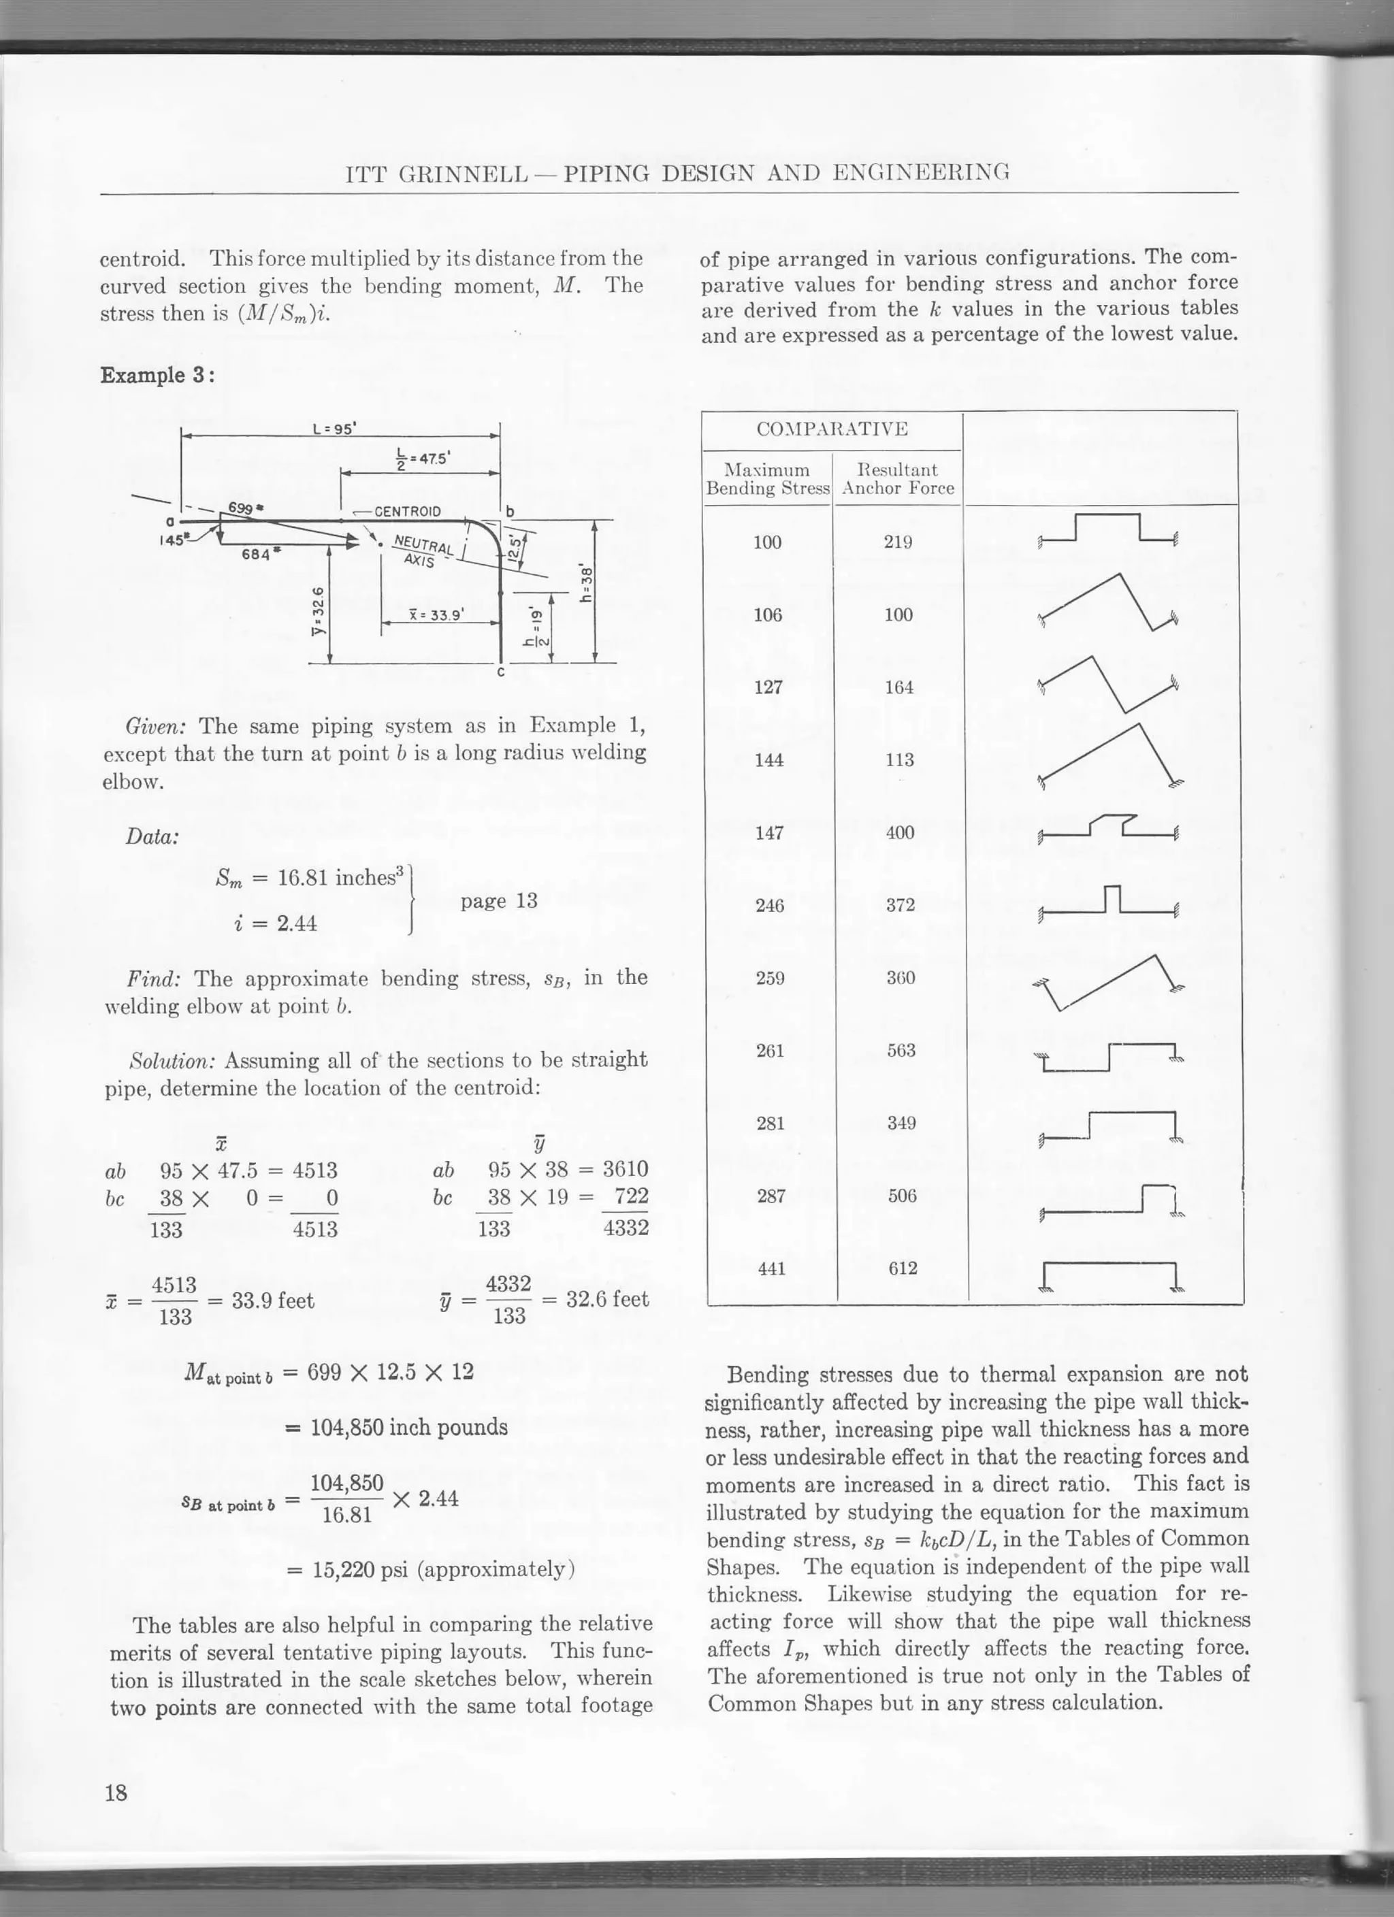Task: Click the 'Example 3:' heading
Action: [157, 374]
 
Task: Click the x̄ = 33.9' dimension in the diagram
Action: [436, 615]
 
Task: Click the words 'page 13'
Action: [499, 901]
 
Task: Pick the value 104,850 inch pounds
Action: [409, 1428]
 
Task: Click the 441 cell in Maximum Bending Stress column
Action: [771, 1268]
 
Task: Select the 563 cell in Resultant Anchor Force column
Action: [901, 1051]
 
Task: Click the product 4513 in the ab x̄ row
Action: [314, 1170]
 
